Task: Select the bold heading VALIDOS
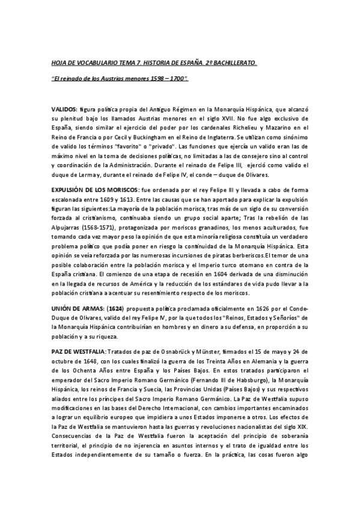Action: [x=64, y=110]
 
